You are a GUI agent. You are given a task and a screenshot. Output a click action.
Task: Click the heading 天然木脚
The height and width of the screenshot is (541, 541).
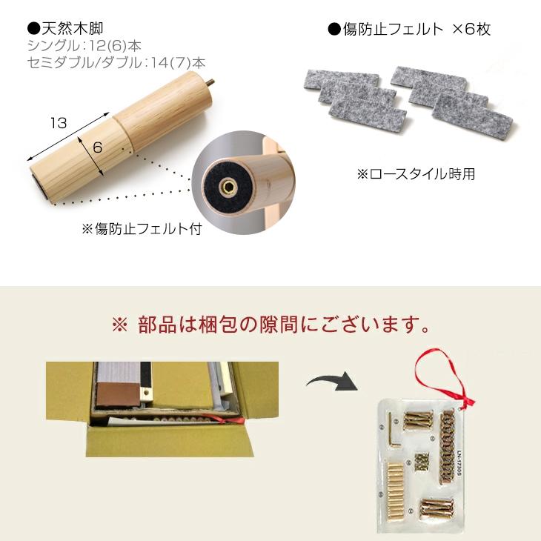click(70, 30)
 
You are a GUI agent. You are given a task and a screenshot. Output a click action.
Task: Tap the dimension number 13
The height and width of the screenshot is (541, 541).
click(59, 123)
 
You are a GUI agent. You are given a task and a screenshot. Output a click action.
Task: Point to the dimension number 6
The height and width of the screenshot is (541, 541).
click(97, 147)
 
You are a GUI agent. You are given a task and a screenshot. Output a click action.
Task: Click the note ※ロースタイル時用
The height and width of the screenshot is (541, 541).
click(416, 175)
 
